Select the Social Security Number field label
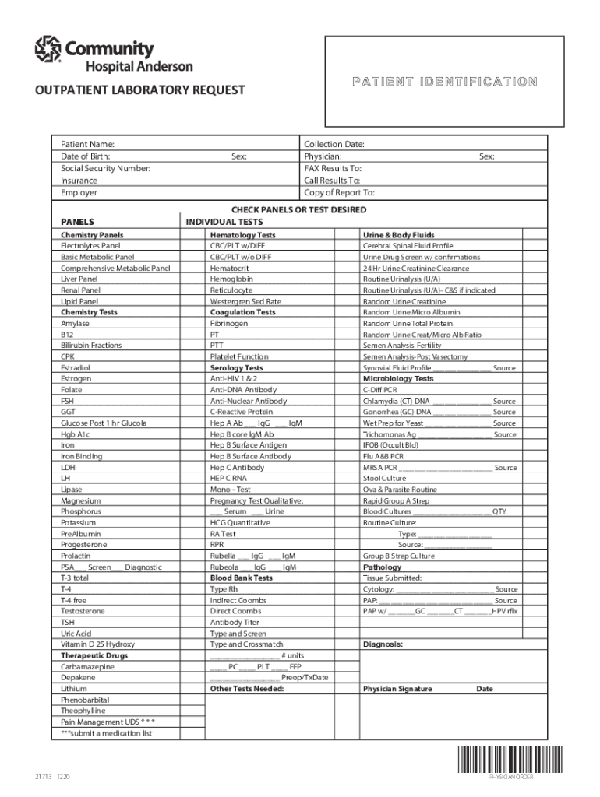point(105,168)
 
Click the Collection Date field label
point(334,144)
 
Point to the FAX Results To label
point(333,168)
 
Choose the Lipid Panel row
point(79,301)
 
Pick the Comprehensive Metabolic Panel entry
point(115,269)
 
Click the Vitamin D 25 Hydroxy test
point(97,644)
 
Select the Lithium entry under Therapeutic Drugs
point(74,689)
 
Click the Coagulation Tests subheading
point(242,312)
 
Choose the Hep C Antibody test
point(237,468)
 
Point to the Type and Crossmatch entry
point(246,644)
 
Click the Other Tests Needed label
point(247,689)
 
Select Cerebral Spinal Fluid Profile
point(408,246)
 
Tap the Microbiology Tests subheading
point(398,379)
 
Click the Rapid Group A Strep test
point(396,501)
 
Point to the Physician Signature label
point(397,689)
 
